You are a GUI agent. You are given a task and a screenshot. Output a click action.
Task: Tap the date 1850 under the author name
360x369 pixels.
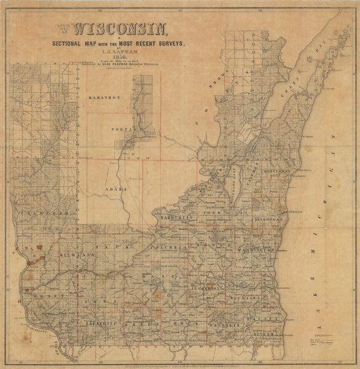tap(122, 57)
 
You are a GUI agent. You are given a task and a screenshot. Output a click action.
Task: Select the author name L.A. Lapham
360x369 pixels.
tap(122, 51)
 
